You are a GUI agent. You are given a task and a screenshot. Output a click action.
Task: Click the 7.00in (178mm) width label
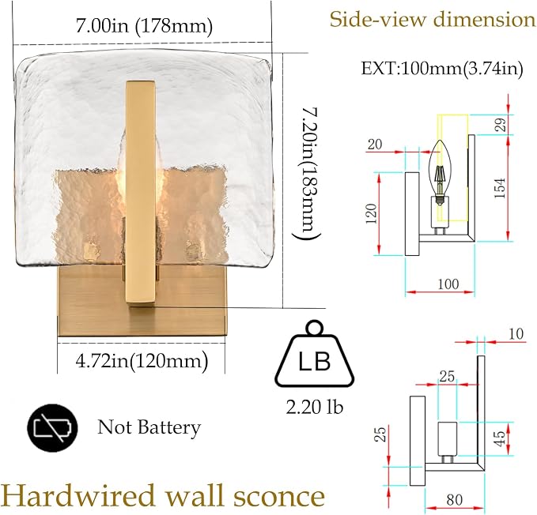pyautogui.click(x=144, y=26)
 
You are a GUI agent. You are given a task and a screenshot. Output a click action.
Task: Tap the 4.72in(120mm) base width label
pyautogui.click(x=142, y=361)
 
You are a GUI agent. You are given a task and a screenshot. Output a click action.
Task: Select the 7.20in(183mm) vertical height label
pyautogui.click(x=307, y=173)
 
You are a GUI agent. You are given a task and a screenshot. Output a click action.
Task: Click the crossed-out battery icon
pyautogui.click(x=52, y=428)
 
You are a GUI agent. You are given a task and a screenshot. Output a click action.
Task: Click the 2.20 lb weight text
pyautogui.click(x=315, y=407)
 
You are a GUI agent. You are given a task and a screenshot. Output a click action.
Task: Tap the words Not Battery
pyautogui.click(x=149, y=427)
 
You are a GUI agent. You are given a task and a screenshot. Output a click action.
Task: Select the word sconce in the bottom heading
pyautogui.click(x=279, y=497)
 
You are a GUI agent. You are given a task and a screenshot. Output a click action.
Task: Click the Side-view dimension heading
pyautogui.click(x=433, y=19)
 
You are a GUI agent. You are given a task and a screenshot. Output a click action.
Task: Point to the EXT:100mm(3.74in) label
pyautogui.click(x=442, y=69)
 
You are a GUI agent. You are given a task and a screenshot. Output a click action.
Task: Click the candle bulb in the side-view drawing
pyautogui.click(x=441, y=173)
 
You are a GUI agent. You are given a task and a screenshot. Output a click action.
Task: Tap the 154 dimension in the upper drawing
pyautogui.click(x=500, y=188)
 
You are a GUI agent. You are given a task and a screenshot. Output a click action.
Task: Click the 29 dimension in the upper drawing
pyautogui.click(x=501, y=125)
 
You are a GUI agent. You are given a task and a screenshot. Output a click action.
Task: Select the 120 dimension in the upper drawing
pyautogui.click(x=372, y=213)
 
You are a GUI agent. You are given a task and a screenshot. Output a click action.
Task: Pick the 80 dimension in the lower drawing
pyautogui.click(x=455, y=500)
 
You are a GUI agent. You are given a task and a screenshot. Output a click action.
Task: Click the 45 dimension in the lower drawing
pyautogui.click(x=500, y=438)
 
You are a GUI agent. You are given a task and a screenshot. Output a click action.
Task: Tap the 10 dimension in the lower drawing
pyautogui.click(x=516, y=334)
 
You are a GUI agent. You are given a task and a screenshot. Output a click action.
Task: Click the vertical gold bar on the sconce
pyautogui.click(x=141, y=192)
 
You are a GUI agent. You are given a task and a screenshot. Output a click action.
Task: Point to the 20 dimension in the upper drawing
pyautogui.click(x=375, y=145)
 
